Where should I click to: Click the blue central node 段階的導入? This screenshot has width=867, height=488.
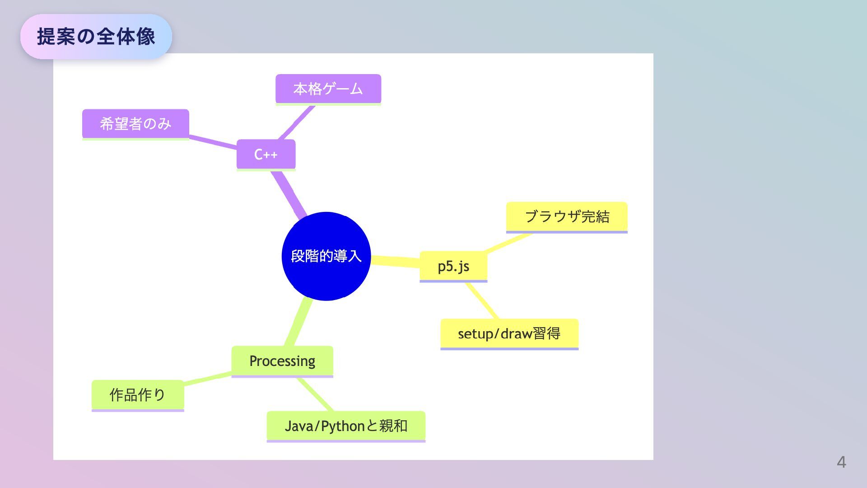326,256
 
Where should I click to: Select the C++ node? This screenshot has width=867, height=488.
266,155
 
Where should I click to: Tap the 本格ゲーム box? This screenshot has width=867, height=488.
328,89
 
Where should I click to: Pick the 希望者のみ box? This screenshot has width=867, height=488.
135,124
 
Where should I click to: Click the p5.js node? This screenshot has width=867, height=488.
453,266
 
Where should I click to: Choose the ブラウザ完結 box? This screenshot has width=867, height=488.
567,217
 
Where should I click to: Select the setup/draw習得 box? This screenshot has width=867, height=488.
509,334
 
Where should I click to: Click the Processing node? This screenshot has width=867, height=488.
282,361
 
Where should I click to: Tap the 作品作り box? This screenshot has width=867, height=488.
138,395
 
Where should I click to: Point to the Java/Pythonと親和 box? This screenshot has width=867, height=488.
346,426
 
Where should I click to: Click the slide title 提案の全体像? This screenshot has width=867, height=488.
96,37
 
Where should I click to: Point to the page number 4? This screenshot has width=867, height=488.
841,462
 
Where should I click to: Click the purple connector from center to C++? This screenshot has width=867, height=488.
288,193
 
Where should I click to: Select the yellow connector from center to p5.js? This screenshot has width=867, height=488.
396,262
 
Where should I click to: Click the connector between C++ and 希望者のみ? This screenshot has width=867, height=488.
213,141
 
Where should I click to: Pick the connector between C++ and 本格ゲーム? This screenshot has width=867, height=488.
297,122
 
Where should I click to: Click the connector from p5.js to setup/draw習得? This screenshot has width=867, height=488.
482,301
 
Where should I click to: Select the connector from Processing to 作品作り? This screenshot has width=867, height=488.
208,379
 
